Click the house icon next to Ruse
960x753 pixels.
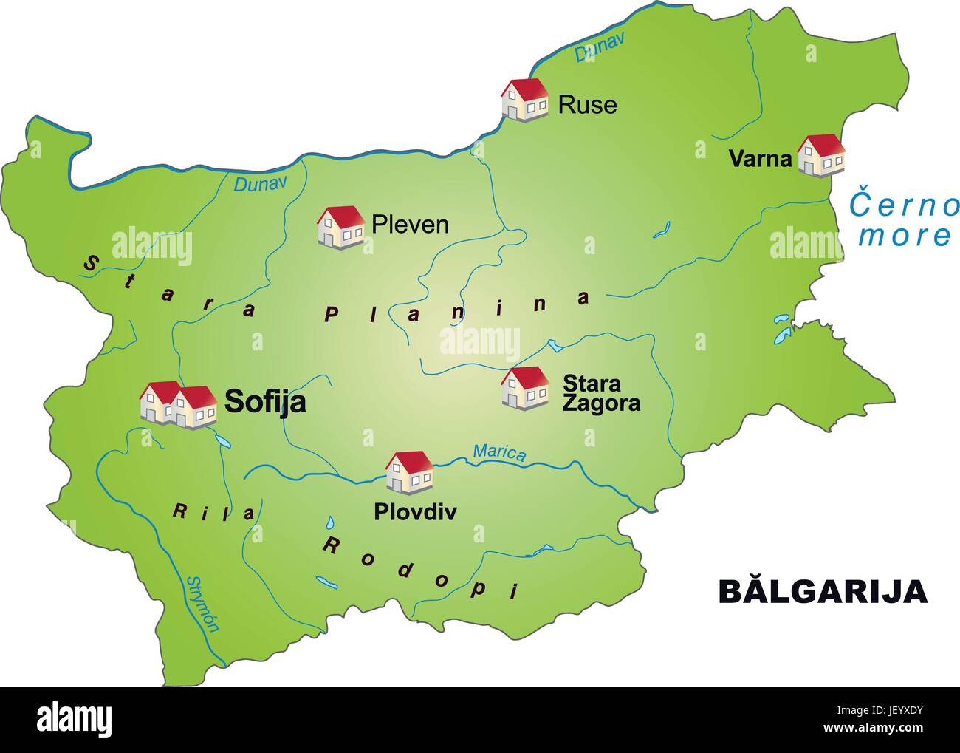coord(525,100)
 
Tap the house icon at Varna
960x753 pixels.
coord(820,156)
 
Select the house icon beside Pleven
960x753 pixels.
coord(340,227)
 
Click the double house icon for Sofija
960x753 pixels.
coord(179,405)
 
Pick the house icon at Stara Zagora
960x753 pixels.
coord(525,388)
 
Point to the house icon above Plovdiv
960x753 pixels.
coord(409,472)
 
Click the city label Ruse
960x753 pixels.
coord(587,105)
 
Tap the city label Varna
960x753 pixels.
coord(760,158)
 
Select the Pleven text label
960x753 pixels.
coord(410,224)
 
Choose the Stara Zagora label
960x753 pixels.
coord(600,393)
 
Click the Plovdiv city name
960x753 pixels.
coord(415,511)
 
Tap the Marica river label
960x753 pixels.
coord(500,452)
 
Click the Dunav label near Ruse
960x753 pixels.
coord(599,47)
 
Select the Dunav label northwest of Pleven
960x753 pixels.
coord(259,184)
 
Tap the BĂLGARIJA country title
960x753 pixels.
coord(823,591)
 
